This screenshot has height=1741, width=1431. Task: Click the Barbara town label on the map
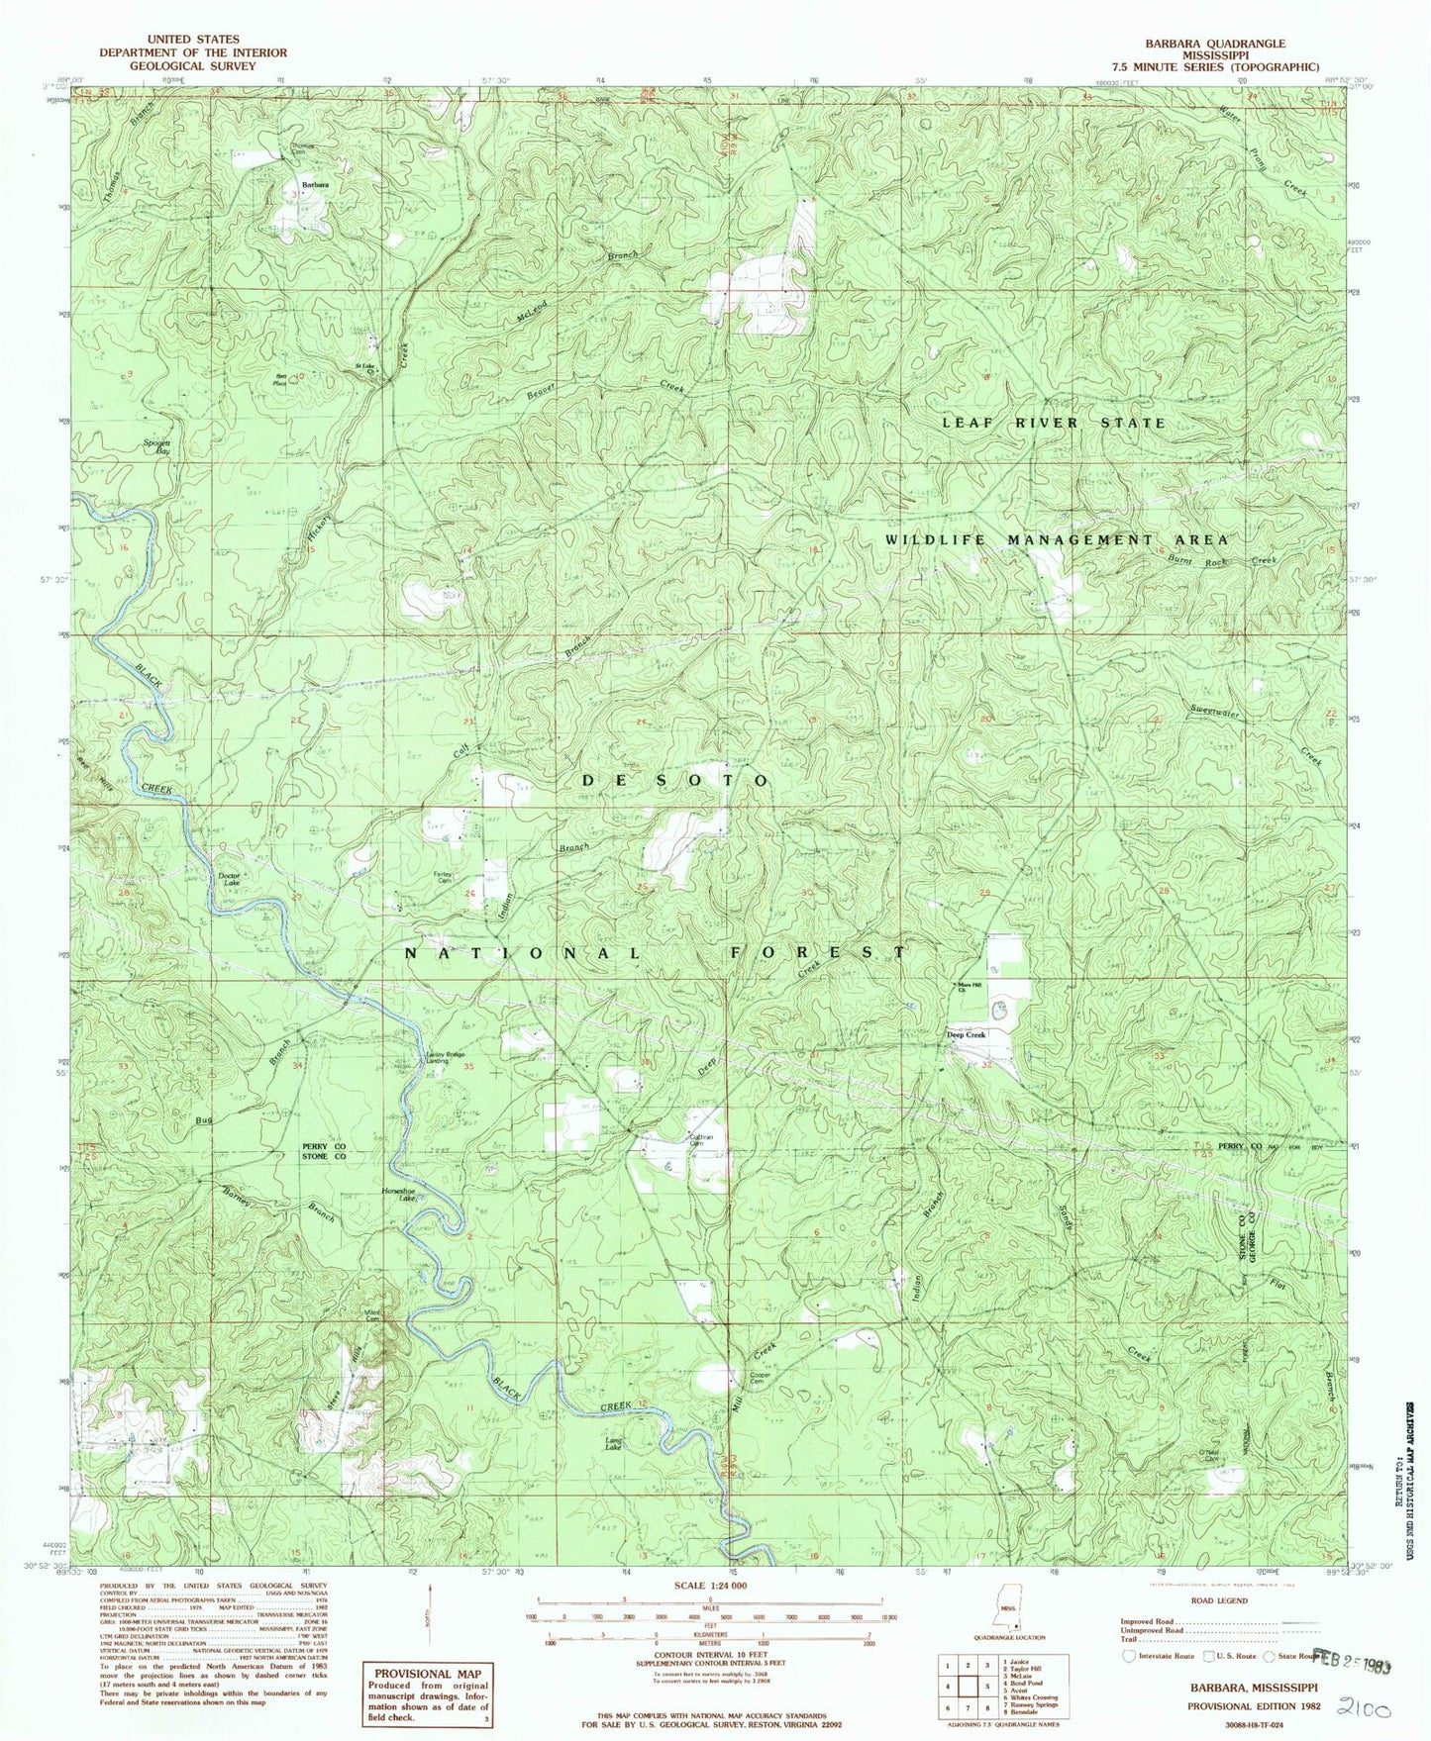point(316,185)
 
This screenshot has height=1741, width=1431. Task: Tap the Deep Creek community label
point(967,1035)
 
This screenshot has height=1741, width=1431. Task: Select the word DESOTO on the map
point(673,780)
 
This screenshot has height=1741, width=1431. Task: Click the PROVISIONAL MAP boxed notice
point(427,1674)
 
